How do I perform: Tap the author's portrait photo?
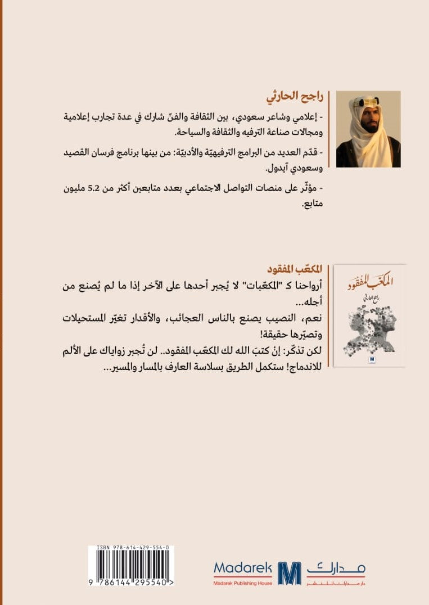pos(368,129)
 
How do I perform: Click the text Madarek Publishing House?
pos(243,583)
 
